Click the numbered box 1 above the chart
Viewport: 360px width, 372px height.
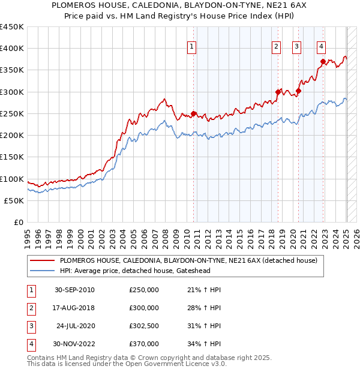click(x=191, y=47)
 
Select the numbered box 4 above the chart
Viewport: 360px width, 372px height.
click(x=322, y=47)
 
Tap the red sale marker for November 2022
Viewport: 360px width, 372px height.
click(x=323, y=61)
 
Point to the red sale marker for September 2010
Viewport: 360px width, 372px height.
click(x=194, y=113)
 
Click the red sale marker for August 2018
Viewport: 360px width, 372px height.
click(x=278, y=92)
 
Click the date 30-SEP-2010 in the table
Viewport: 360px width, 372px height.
click(x=74, y=290)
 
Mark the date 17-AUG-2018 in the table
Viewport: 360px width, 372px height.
click(x=74, y=308)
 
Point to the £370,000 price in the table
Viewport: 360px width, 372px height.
click(x=144, y=344)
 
